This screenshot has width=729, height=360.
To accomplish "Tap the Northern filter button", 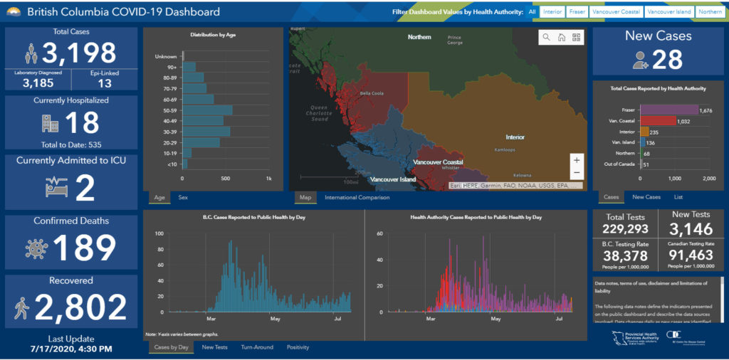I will [710, 12].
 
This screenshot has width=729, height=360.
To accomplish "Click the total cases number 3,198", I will [78, 53].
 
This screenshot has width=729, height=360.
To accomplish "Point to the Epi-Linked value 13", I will [105, 83].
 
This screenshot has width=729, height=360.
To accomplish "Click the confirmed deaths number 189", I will [84, 248].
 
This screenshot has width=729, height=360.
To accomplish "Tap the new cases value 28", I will [668, 60].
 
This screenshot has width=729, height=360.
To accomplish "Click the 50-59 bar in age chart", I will [207, 110].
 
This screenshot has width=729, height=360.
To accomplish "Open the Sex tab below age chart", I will [183, 197].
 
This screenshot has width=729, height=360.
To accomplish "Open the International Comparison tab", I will [357, 197].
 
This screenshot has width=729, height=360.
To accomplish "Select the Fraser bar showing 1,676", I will [669, 110].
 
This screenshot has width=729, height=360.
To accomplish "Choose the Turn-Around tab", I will [256, 347].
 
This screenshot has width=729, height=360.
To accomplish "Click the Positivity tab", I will [298, 347].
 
